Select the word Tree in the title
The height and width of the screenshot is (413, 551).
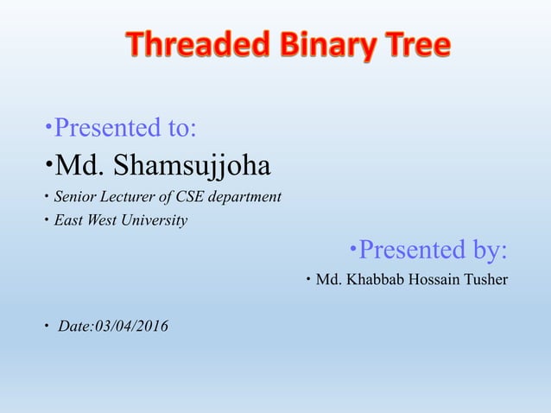point(413,45)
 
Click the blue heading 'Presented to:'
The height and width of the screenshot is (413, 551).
point(124,129)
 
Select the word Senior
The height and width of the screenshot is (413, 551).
point(75,197)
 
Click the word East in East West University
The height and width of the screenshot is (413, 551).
point(68,220)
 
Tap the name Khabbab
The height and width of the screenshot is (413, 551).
point(370,280)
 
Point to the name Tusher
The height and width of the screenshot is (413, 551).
point(485,280)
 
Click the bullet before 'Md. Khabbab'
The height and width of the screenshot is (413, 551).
point(308,280)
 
